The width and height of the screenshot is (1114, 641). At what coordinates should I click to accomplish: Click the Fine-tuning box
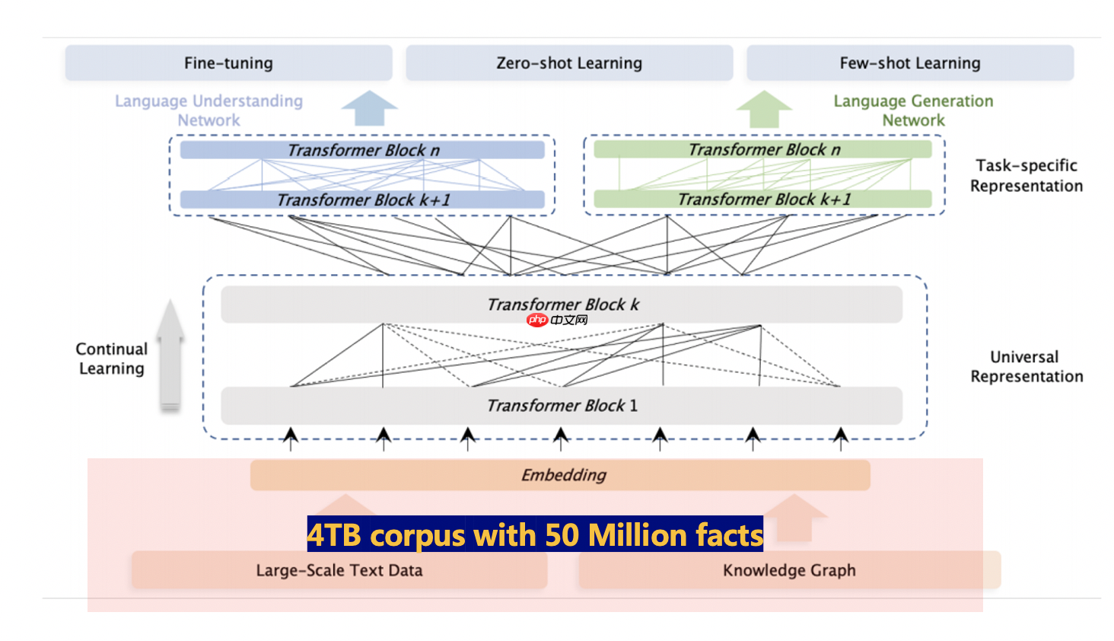coord(228,63)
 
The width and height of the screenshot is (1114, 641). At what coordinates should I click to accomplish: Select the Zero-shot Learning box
coord(568,63)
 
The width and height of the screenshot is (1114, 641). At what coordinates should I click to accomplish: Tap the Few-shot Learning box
coord(909,63)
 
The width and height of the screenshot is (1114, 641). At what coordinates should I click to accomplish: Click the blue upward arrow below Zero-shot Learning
coord(369,108)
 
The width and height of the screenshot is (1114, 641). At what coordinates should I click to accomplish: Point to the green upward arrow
coord(764,109)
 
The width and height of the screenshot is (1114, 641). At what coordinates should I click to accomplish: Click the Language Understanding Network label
coord(208,110)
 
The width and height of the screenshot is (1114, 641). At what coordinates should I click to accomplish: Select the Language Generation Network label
coord(913,110)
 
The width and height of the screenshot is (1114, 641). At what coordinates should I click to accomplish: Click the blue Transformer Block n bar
coord(362,150)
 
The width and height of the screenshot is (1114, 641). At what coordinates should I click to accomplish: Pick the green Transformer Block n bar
coord(763,149)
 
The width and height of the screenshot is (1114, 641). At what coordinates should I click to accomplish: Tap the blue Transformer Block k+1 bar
coord(362,199)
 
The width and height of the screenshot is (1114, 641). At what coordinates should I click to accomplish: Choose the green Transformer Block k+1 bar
coord(763,199)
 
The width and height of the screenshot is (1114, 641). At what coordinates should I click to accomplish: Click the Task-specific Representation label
coord(1026,175)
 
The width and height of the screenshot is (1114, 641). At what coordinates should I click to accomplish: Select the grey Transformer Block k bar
coord(562,305)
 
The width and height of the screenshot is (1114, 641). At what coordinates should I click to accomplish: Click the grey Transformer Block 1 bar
coord(562,406)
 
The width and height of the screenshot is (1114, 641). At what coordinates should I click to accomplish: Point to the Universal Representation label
coord(1026,366)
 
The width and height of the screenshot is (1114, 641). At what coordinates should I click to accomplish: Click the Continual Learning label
coord(111,359)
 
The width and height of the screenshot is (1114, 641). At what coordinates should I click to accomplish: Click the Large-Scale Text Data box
coord(339,570)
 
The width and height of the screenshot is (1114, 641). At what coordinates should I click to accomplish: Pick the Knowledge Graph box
coord(789,570)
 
